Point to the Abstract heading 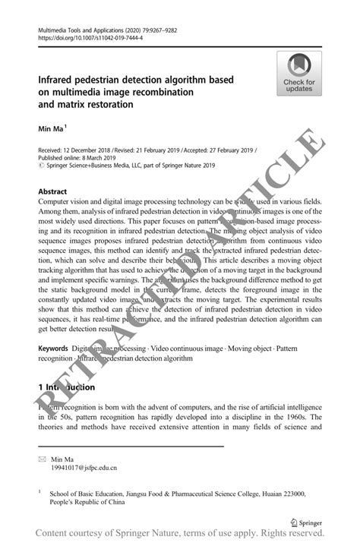tap(52, 191)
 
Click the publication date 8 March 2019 tap(98, 159)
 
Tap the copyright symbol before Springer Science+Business tap(40, 166)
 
